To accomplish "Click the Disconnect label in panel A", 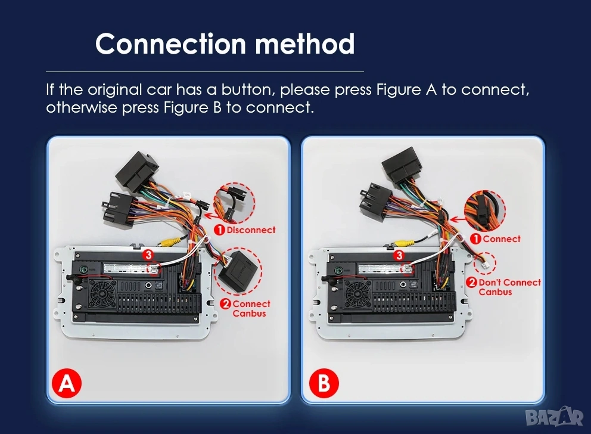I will click(x=245, y=230).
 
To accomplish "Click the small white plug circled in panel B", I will click(x=485, y=263).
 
